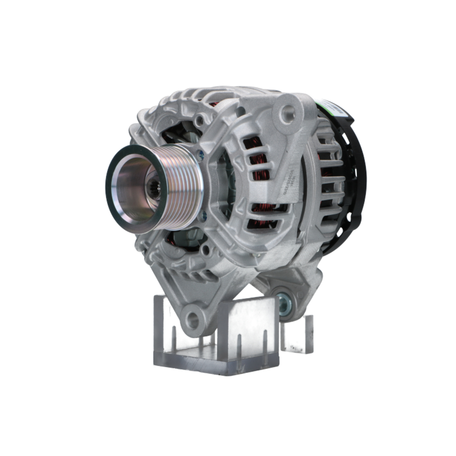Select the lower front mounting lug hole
193,320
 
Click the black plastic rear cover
353,182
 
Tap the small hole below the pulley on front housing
207,249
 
